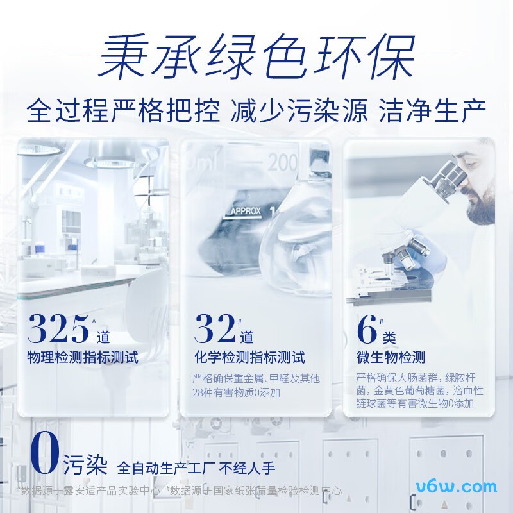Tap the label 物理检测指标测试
tap(83, 357)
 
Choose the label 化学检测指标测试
tap(249, 357)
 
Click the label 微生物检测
tap(391, 357)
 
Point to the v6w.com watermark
tap(457, 486)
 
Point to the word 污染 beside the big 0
tap(85, 464)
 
